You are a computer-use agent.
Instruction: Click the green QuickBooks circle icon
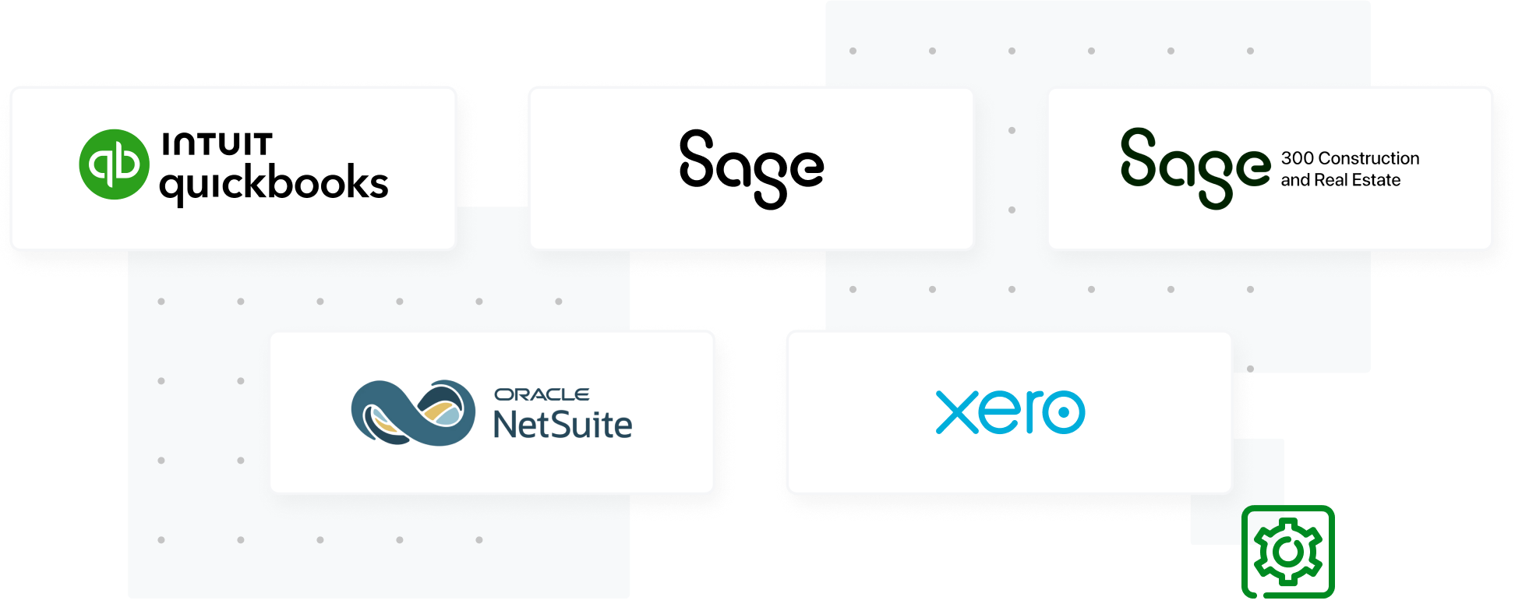[x=114, y=164]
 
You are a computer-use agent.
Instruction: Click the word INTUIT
[x=217, y=144]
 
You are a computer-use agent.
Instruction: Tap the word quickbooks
[x=274, y=184]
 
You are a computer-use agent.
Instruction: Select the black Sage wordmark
[x=751, y=168]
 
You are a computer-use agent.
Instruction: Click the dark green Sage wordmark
[x=1195, y=168]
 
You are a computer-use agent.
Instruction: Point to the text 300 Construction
[x=1350, y=158]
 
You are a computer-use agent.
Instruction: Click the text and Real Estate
[x=1340, y=180]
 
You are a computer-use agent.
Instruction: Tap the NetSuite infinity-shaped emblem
[x=413, y=412]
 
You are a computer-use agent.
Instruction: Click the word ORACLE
[x=542, y=394]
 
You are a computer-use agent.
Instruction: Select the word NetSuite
[x=562, y=425]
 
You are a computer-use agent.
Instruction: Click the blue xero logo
[x=1010, y=412]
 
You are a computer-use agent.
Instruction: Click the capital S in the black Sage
[x=697, y=159]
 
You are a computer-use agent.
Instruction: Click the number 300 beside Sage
[x=1297, y=158]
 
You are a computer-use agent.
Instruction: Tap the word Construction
[x=1368, y=158]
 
